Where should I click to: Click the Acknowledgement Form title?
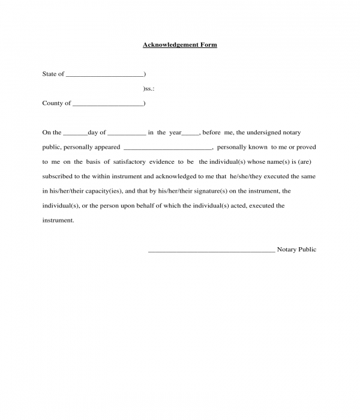pyautogui.click(x=179, y=45)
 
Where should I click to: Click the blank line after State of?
pyautogui.click(x=104, y=75)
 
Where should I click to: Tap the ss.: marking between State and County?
pyautogui.click(x=149, y=89)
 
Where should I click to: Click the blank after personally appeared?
pyautogui.click(x=167, y=148)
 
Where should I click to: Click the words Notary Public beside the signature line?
pyautogui.click(x=296, y=249)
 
